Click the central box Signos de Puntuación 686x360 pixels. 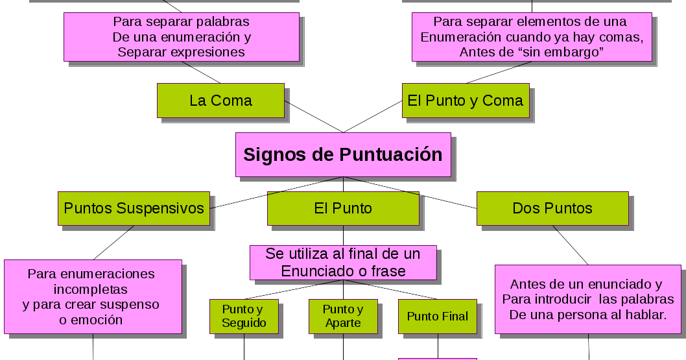pyautogui.click(x=342, y=155)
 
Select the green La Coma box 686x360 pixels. pyautogui.click(x=220, y=101)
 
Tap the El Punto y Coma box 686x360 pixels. pyautogui.click(x=465, y=101)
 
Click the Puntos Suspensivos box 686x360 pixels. pyautogui.click(x=134, y=208)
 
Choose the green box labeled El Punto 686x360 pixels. pyautogui.click(x=343, y=208)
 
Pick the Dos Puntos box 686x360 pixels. pyautogui.click(x=552, y=208)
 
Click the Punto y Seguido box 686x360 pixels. pyautogui.click(x=244, y=316)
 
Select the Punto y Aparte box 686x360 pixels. pyautogui.click(x=342, y=316)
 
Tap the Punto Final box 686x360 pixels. pyautogui.click(x=437, y=317)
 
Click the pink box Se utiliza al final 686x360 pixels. pyautogui.click(x=342, y=263)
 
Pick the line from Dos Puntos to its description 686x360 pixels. pyautogui.click(x=571, y=245)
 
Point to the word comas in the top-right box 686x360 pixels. pyautogui.click(x=623, y=37)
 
